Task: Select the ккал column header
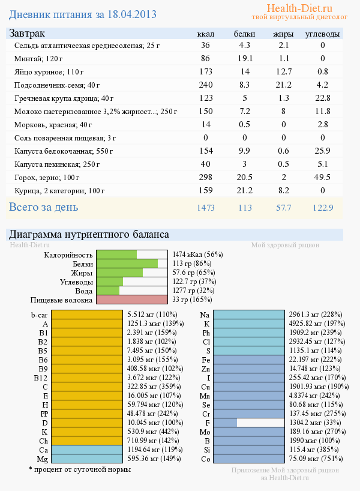206,34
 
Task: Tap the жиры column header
283,34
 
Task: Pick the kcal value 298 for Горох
206,177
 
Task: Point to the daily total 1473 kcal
206,208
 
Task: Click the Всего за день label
43,207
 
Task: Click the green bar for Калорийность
116,255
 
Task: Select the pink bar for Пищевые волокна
132,300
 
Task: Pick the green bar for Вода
108,291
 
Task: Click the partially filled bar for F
225,423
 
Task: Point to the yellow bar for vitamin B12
86,378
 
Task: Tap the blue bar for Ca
86,450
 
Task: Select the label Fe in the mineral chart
205,360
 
